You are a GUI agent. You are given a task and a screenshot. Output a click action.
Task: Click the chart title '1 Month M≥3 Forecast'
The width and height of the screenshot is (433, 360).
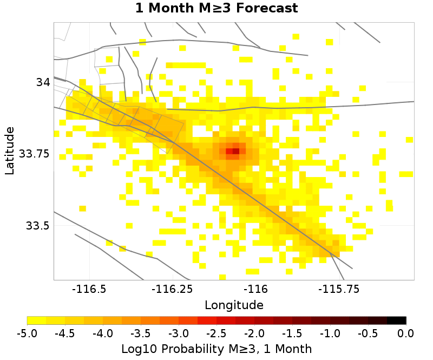(x=216, y=9)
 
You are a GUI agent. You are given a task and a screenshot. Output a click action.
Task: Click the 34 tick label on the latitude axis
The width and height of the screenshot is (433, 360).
(x=43, y=82)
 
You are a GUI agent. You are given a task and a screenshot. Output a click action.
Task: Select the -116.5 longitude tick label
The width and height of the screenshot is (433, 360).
(x=90, y=289)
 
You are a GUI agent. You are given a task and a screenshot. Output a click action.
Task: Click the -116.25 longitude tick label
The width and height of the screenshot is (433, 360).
(x=173, y=289)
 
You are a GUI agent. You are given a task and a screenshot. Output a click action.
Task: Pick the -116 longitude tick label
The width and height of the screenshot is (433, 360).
(x=255, y=289)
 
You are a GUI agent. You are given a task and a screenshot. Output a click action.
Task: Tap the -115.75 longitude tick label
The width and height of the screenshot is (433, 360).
(x=338, y=289)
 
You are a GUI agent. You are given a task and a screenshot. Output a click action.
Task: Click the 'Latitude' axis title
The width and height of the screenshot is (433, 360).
(x=10, y=150)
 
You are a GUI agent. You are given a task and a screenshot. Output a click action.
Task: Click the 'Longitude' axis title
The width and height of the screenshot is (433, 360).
(x=234, y=305)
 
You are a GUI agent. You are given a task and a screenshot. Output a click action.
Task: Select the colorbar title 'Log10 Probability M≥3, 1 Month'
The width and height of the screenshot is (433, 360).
(x=216, y=348)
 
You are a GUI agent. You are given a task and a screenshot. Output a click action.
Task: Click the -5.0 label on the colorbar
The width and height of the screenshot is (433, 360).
(x=27, y=332)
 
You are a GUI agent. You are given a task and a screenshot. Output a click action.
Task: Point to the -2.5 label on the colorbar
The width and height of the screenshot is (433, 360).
(x=216, y=332)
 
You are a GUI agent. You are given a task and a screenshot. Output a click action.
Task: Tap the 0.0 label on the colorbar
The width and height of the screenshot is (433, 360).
(x=406, y=332)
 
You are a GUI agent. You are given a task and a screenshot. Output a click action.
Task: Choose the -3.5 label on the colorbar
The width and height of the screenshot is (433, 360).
(x=141, y=332)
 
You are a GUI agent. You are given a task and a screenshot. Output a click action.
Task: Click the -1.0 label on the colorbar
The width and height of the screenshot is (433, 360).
(x=330, y=332)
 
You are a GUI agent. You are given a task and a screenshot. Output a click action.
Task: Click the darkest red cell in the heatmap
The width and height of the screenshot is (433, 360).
(x=235, y=151)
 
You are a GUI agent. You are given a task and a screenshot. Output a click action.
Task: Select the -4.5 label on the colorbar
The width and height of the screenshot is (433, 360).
(x=65, y=332)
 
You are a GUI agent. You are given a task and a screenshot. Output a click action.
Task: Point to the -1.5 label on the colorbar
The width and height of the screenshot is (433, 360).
(x=292, y=332)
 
